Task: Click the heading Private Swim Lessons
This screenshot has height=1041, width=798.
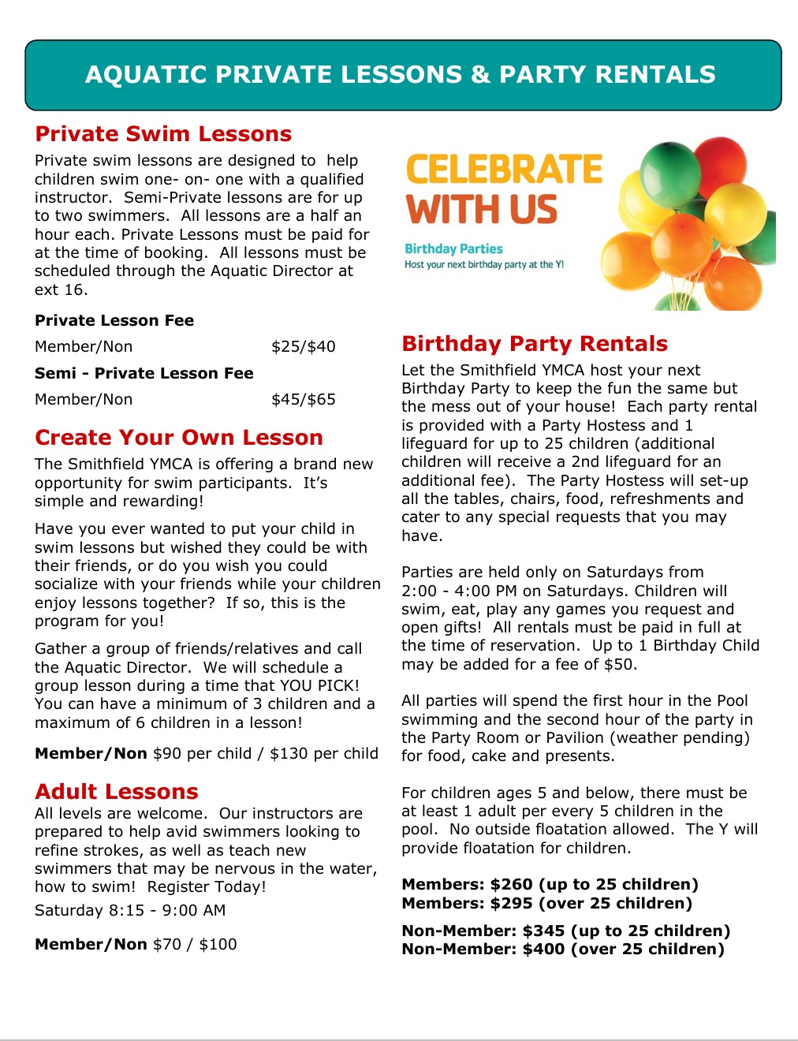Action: coord(163,134)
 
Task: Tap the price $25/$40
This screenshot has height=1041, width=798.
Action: coord(303,347)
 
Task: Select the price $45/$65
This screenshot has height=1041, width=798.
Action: coord(303,400)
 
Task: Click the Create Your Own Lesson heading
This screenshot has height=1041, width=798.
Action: coord(179,438)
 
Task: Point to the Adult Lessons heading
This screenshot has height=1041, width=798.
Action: coord(117,792)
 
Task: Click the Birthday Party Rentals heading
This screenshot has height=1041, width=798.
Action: coord(535,344)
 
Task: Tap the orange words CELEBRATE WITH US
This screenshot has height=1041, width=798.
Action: coord(503,190)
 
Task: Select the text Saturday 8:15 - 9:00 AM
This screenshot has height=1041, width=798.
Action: coord(130,910)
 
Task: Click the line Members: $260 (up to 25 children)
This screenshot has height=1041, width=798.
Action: coord(550,885)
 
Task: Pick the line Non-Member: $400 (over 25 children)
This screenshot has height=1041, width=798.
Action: coord(563,950)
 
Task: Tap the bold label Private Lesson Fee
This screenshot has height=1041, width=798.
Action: coord(114,321)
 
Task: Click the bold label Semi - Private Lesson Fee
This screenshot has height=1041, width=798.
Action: coord(144,374)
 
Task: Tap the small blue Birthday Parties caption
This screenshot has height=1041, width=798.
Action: coord(453,249)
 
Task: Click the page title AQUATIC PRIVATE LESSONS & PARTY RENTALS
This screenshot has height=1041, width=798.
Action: coord(401,75)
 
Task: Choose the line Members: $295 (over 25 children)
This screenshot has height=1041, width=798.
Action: coord(546,903)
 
